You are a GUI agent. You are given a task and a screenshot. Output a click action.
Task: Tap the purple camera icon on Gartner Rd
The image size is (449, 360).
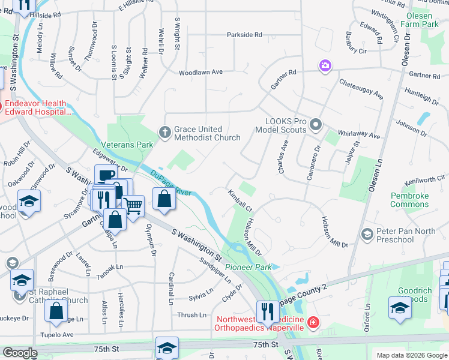pos(325,65)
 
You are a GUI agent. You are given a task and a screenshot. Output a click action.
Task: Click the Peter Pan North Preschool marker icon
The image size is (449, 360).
pos(367,232)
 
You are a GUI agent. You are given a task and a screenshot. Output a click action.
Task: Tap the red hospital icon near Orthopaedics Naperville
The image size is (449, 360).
pos(312,323)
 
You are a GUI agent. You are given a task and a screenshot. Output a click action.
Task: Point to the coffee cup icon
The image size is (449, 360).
pos(106,175)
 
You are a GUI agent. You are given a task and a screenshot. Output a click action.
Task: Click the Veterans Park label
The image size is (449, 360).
pos(127,145)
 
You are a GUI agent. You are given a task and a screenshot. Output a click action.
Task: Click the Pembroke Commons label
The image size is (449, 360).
pos(409,200)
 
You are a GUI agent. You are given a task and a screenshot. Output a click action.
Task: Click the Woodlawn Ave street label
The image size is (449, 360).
pos(200,72)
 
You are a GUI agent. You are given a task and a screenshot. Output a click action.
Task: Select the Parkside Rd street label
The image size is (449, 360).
pos(244,35)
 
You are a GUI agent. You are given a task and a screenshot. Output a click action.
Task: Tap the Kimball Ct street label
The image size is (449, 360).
pos(240,200)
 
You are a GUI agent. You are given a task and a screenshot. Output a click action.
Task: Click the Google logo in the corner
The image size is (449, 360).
pos(20,353)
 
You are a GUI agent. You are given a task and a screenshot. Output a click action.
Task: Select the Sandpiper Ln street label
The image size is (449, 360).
pos(215,271)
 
